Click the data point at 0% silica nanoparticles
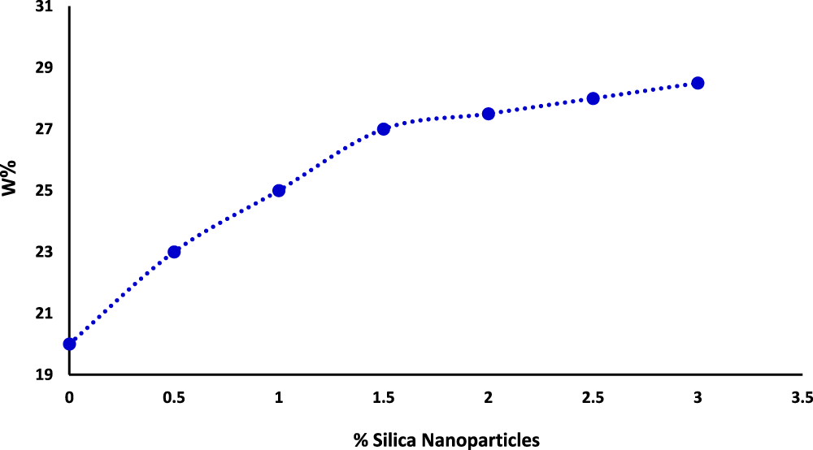pyautogui.click(x=70, y=344)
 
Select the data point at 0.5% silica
pyautogui.click(x=174, y=252)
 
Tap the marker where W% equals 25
pyautogui.click(x=279, y=190)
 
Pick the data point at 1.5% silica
pyautogui.click(x=384, y=128)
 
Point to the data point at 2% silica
pyautogui.click(x=489, y=114)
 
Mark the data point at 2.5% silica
pyautogui.click(x=593, y=98)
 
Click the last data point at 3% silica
pyautogui.click(x=698, y=83)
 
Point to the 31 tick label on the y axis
pyautogui.click(x=44, y=6)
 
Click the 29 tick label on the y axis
pyautogui.click(x=44, y=67)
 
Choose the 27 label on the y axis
pyautogui.click(x=44, y=129)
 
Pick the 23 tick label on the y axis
pyautogui.click(x=44, y=252)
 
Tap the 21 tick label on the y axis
pyautogui.click(x=44, y=314)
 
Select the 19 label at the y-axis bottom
pyautogui.click(x=44, y=374)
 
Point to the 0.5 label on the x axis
pyautogui.click(x=174, y=397)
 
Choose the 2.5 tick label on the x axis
pyautogui.click(x=593, y=397)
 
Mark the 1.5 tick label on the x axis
pyautogui.click(x=384, y=397)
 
